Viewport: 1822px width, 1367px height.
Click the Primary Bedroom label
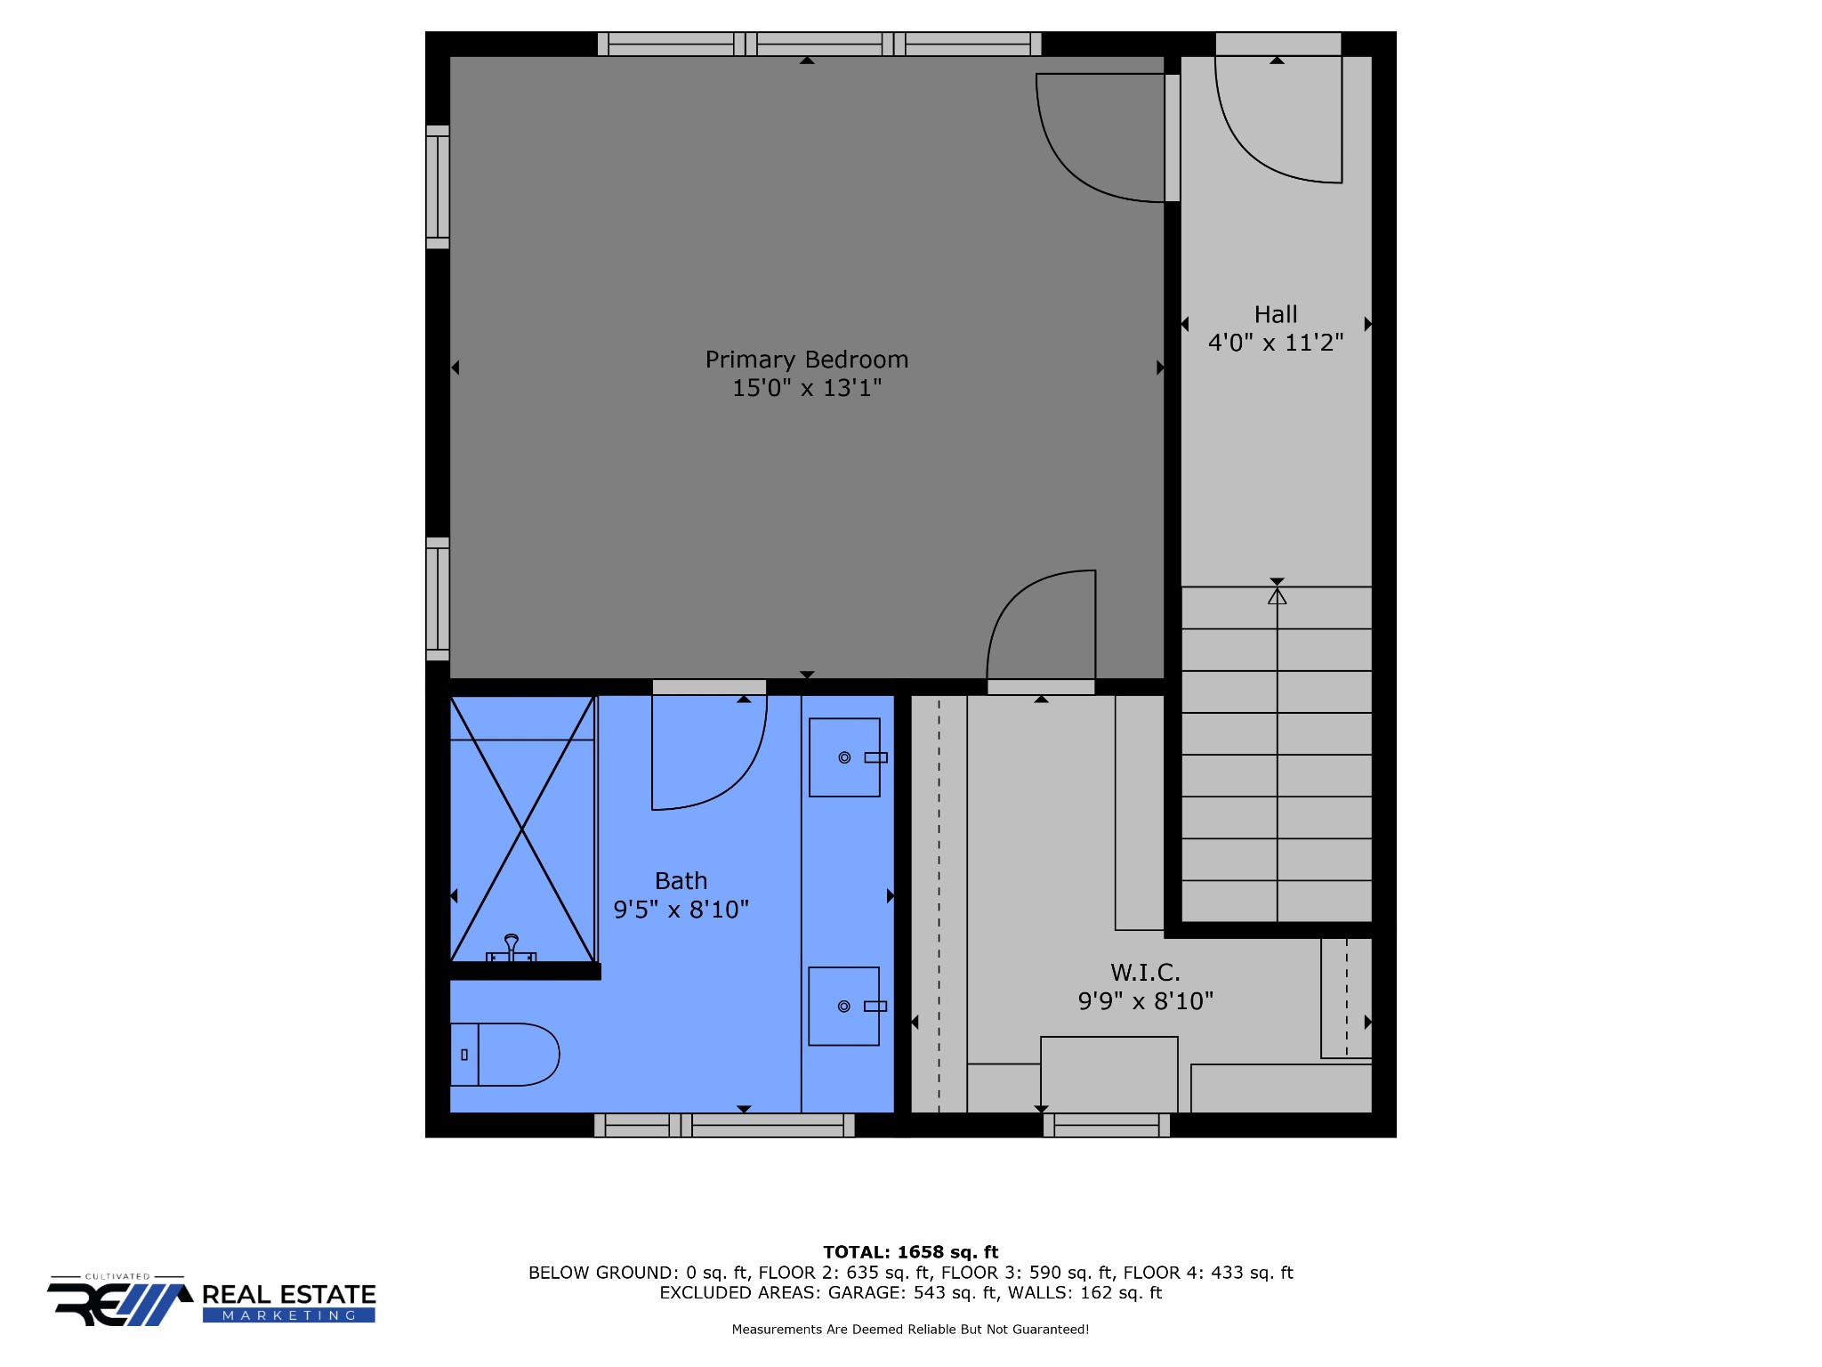tap(807, 360)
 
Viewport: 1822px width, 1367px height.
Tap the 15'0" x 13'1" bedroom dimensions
tap(807, 388)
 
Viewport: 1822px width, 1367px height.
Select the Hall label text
tap(1276, 314)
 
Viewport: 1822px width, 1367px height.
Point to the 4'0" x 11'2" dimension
tap(1276, 343)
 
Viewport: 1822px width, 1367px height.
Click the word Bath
tap(681, 881)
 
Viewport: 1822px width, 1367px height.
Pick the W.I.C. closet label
tap(1146, 973)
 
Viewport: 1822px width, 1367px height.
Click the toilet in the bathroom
tap(504, 1055)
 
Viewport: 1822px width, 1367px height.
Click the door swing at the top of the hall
tap(1246, 151)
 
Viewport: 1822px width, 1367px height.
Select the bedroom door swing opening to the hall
tap(1068, 169)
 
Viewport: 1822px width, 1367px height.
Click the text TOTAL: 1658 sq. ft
tap(911, 1252)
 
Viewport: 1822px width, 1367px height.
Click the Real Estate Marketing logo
tap(212, 1301)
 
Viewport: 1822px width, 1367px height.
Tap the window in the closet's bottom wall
tap(1107, 1126)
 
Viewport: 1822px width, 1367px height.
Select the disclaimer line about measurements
tap(910, 1330)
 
